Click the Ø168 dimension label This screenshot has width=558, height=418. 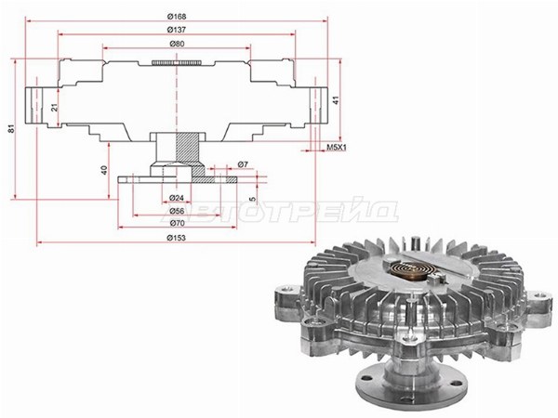click(177, 17)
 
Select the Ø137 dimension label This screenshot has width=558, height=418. click(177, 31)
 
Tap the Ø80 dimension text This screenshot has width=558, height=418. click(177, 44)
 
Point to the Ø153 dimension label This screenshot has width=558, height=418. click(177, 238)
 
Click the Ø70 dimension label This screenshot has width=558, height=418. click(177, 223)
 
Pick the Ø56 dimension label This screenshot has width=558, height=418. click(177, 211)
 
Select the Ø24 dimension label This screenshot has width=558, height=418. click(177, 198)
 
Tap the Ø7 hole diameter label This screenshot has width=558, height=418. click(243, 164)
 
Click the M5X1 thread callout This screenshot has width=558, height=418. click(337, 147)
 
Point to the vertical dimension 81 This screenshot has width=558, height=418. click(12, 129)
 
